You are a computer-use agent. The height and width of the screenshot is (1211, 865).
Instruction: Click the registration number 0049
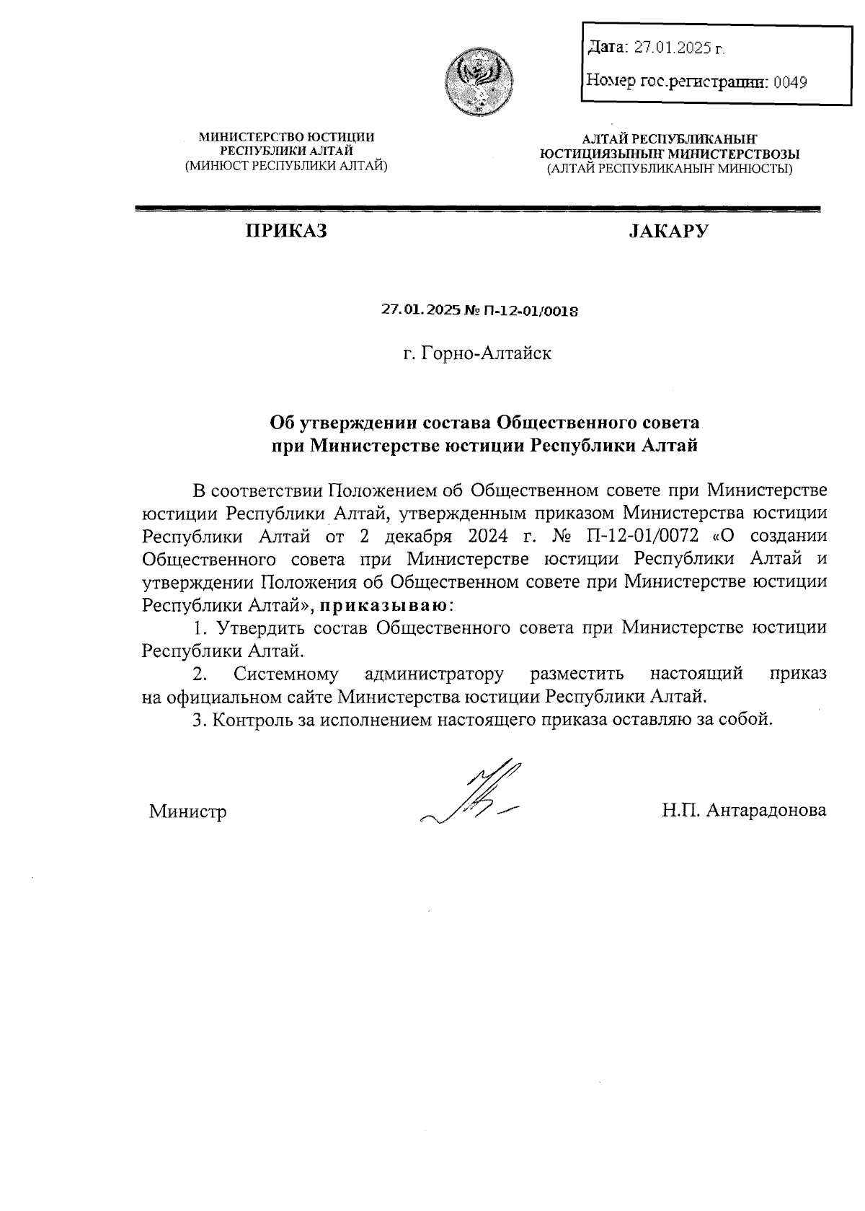[790, 82]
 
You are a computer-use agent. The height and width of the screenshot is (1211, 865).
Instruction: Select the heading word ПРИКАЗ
[286, 231]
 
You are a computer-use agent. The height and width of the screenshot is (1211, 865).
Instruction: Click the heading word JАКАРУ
[668, 231]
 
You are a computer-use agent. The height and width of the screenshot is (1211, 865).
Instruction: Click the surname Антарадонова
[766, 810]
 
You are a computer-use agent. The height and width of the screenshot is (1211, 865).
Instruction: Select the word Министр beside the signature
[187, 811]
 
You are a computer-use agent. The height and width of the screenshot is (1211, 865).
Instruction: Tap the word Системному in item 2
[286, 674]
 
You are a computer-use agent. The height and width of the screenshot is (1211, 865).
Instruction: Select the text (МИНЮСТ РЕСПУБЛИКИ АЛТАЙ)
[286, 165]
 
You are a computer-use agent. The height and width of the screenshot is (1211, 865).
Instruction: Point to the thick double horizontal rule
[478, 209]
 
